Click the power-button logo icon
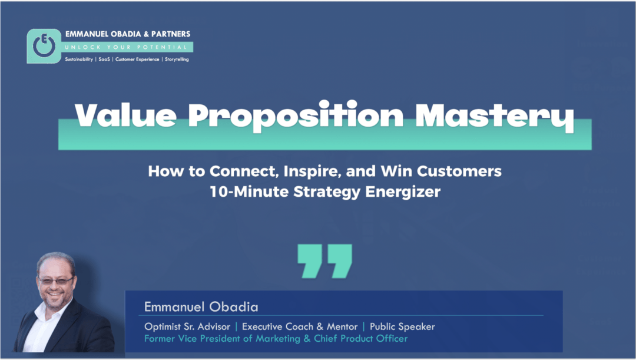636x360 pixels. coord(44,46)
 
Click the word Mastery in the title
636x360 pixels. coord(495,117)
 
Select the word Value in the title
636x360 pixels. coord(126,115)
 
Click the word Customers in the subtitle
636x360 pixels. coord(459,171)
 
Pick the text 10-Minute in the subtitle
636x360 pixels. coord(249,191)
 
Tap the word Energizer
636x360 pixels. coord(403,192)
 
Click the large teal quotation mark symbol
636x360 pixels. coord(325,261)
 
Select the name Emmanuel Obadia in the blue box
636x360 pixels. coord(201,307)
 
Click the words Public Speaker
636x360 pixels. coord(402,327)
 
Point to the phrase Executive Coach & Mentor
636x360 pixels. coord(300,327)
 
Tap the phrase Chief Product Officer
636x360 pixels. coord(360,338)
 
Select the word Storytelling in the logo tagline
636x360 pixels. coord(177,60)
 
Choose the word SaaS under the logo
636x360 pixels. coord(104,60)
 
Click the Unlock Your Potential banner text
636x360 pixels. coord(126,47)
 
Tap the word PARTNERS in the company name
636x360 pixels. coord(171,34)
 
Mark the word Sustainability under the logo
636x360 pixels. coord(79,60)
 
